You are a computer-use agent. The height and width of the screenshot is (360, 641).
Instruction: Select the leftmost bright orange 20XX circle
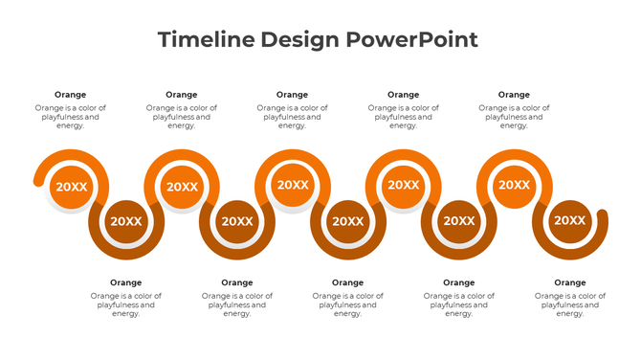[x=71, y=187]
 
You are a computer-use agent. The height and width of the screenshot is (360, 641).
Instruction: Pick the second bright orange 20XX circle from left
[x=182, y=187]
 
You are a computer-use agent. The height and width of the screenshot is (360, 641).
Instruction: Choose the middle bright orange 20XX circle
[x=293, y=185]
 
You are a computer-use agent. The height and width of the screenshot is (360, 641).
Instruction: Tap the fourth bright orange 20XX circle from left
[x=404, y=185]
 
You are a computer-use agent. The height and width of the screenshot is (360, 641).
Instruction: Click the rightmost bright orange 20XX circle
[x=515, y=185]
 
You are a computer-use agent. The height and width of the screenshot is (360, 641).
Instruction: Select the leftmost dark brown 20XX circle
[x=126, y=221]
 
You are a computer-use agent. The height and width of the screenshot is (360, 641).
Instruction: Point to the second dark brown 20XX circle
[x=237, y=221]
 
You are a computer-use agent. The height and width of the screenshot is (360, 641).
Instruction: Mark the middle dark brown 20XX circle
[x=348, y=221]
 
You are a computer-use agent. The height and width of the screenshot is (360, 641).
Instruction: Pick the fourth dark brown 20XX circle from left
[x=459, y=221]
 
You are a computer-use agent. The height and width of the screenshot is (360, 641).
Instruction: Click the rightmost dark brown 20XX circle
[x=570, y=221]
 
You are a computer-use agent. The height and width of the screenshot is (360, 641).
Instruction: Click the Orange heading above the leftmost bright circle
[x=71, y=95]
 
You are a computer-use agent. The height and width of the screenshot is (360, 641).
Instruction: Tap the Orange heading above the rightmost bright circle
[x=515, y=95]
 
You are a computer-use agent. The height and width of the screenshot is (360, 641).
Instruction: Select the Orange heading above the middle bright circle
[x=293, y=95]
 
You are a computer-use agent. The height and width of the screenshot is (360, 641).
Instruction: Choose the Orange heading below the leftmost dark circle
[x=126, y=282]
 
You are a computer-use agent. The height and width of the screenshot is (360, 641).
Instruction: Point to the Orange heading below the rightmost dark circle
[x=570, y=282]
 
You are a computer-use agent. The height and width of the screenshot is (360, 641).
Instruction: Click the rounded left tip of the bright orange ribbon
[x=37, y=179]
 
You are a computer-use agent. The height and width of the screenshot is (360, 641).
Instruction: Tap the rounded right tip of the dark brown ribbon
[x=603, y=215]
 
